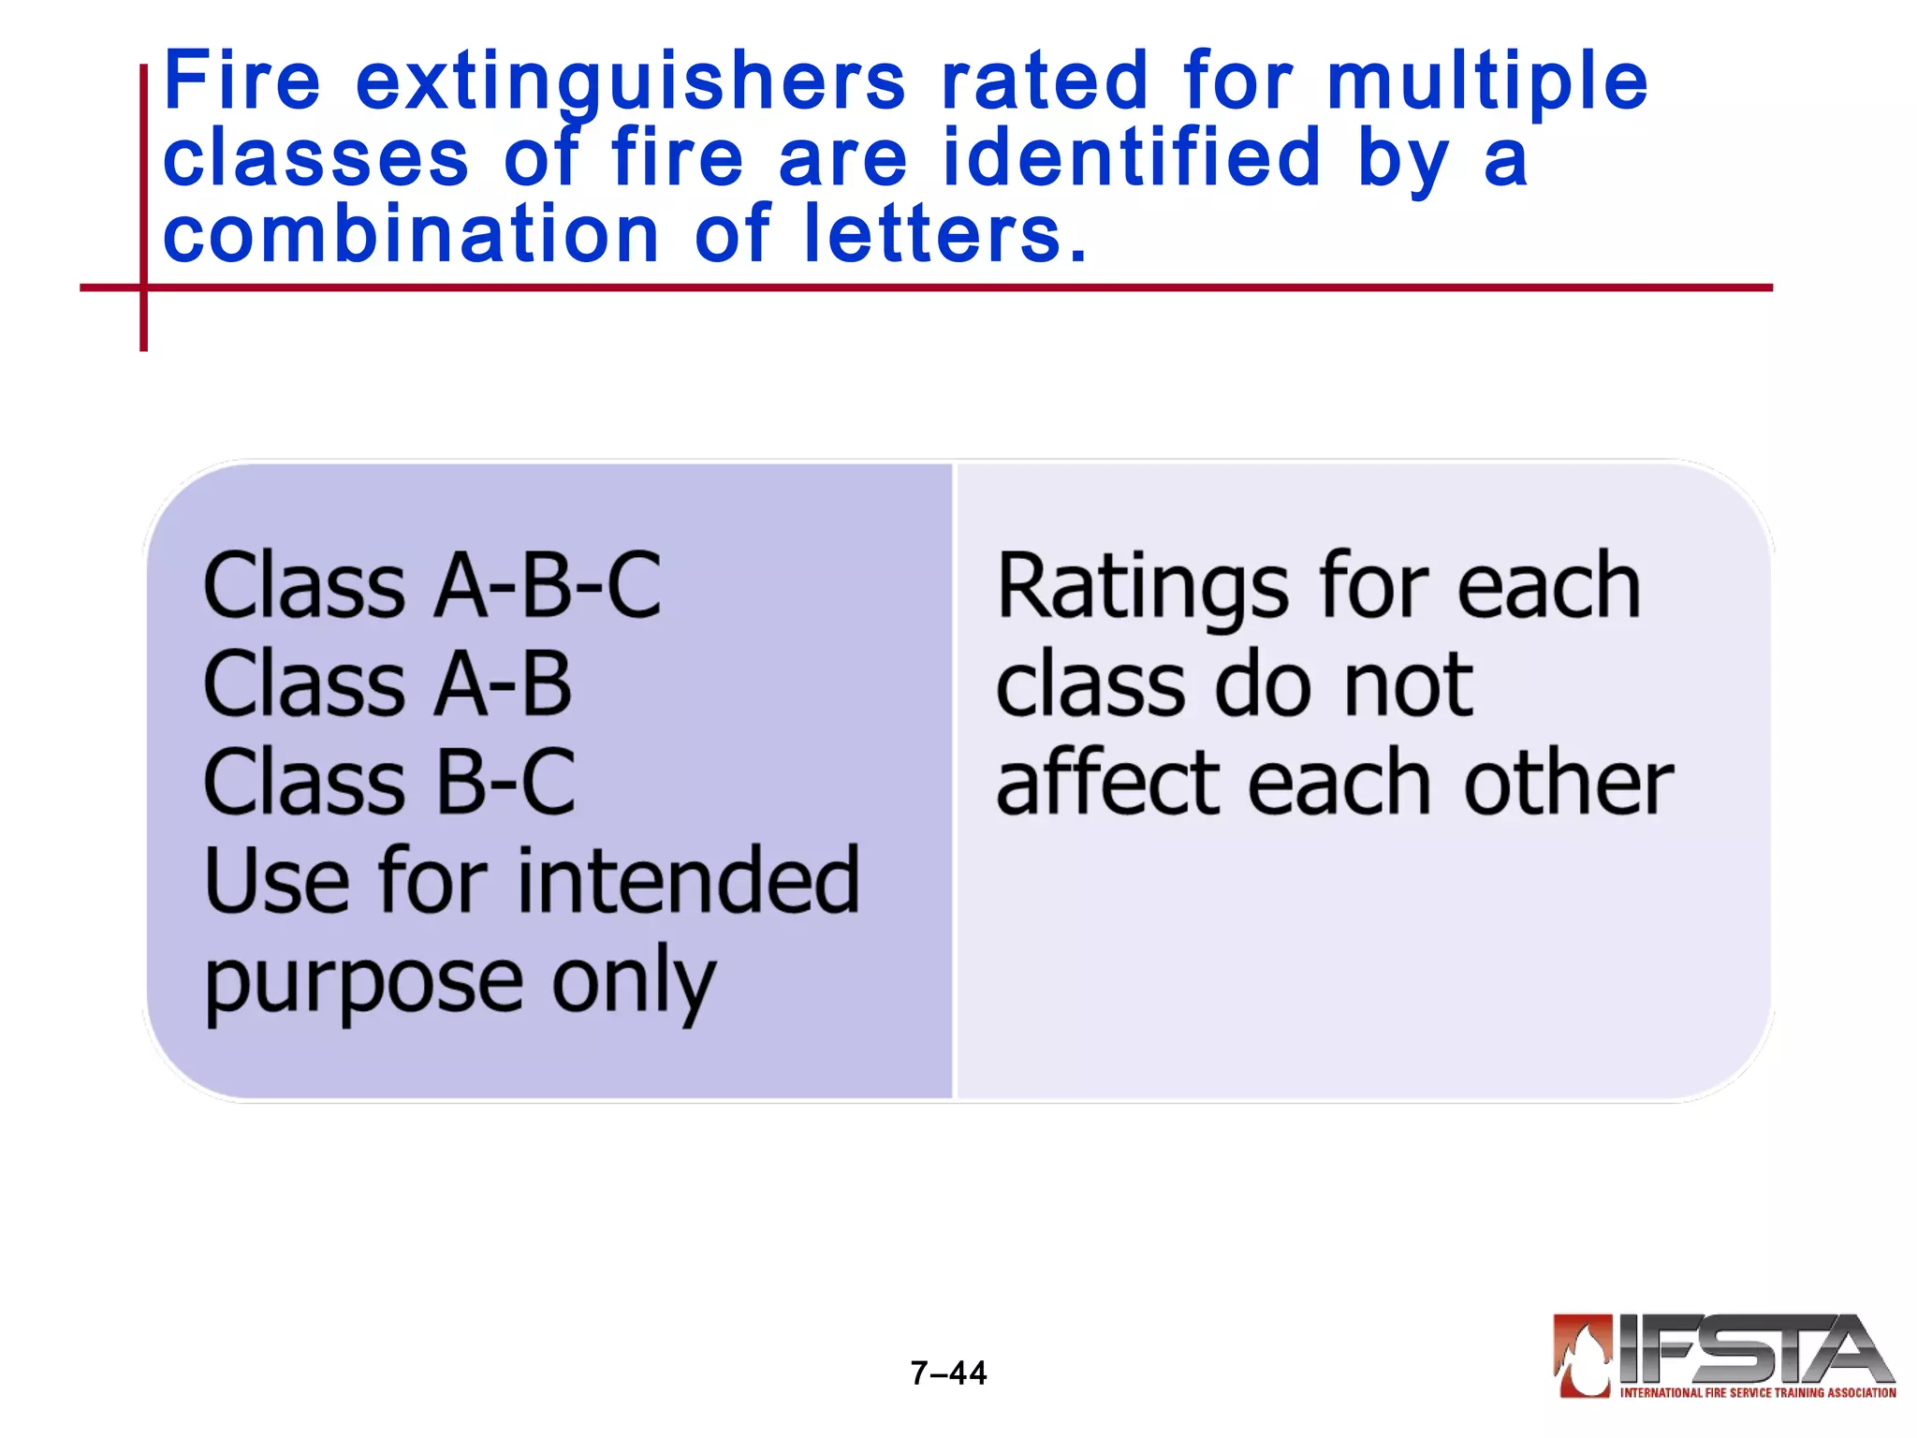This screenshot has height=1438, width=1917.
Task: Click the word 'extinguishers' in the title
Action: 631,82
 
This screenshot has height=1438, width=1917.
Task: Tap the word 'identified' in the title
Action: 1132,159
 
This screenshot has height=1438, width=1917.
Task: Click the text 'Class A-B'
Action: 388,684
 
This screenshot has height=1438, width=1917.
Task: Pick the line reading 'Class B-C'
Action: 389,783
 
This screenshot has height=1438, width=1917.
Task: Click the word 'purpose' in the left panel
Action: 363,983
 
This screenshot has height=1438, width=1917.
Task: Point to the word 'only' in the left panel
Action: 634,983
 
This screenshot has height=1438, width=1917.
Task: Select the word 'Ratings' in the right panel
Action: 1142,588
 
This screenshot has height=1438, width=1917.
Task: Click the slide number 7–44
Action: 948,1373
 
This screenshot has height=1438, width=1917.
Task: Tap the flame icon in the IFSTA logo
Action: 1583,1355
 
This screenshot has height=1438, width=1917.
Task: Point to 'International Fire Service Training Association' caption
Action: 1757,1393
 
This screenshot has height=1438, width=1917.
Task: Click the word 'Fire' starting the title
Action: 241,82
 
